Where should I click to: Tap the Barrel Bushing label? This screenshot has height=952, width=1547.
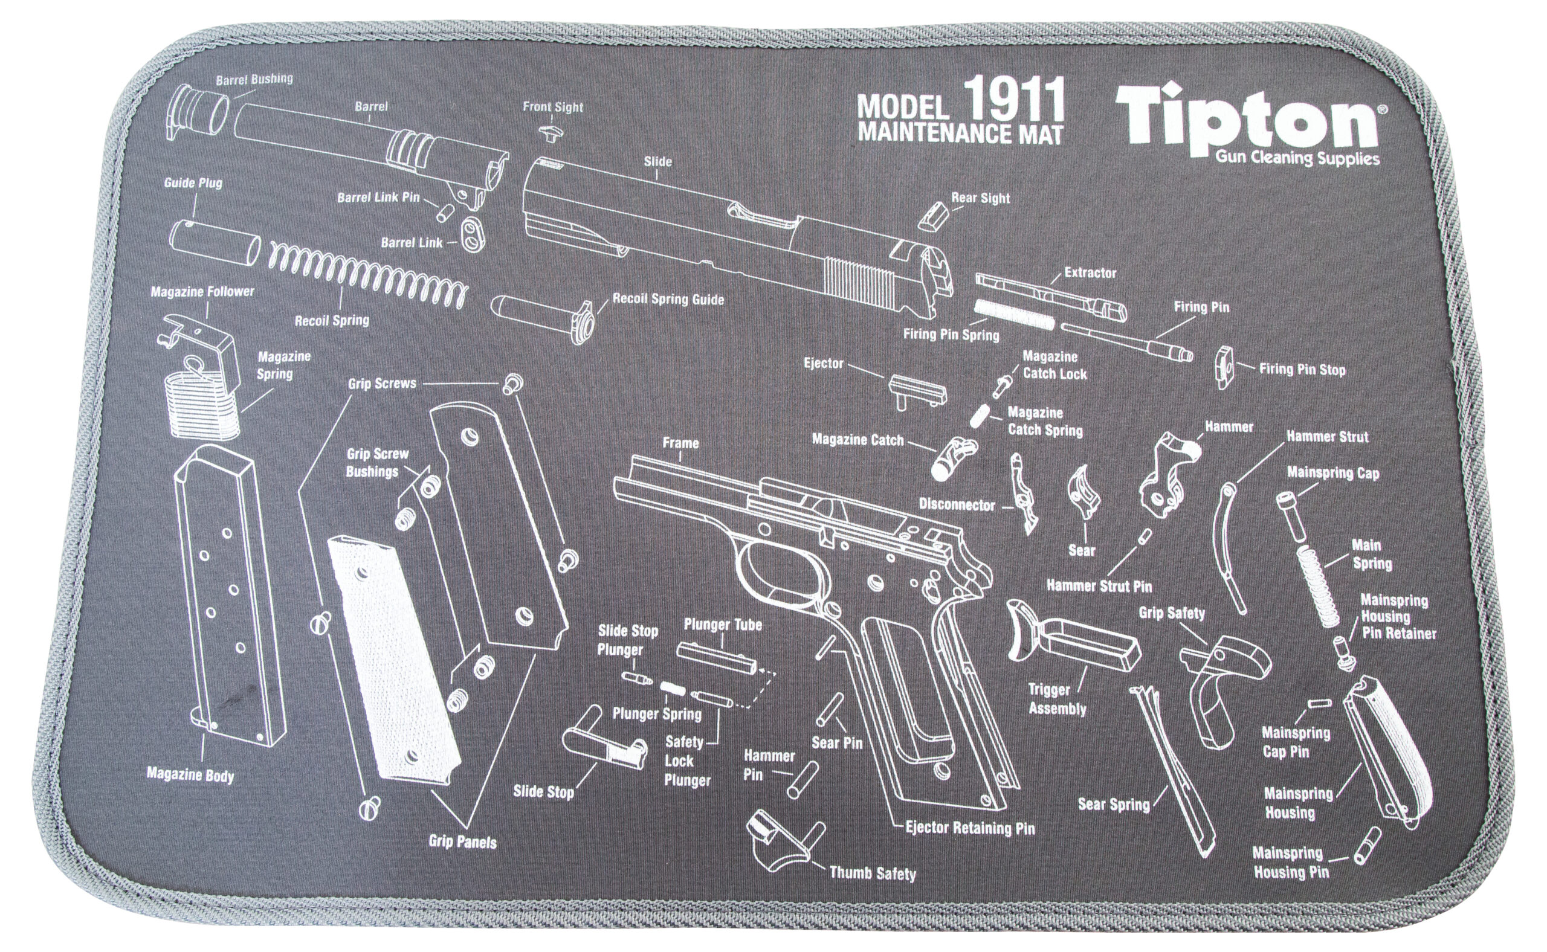coord(254,80)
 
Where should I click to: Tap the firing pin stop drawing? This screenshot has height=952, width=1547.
coord(1224,367)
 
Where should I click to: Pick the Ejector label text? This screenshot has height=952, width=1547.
coord(822,363)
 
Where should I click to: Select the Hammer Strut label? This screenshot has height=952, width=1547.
coord(1326,436)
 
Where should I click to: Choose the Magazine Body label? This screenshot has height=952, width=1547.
coord(190,774)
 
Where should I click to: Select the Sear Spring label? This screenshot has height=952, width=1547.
coord(1114,804)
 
